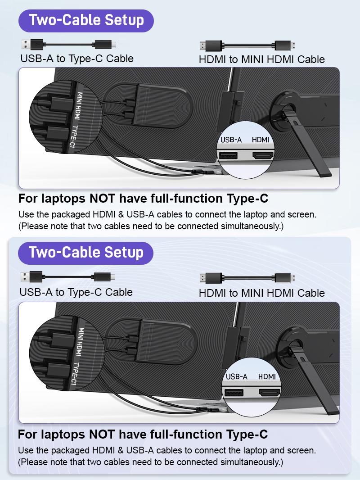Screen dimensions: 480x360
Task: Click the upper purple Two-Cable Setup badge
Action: click(86, 20)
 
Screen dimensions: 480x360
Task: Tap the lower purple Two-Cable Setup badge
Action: click(85, 253)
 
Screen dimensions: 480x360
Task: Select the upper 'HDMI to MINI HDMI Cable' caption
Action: click(261, 59)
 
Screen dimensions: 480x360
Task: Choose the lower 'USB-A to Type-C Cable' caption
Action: click(76, 292)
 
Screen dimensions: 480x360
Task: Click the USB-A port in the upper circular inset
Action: click(228, 156)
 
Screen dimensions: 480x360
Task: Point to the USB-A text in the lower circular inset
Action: click(237, 377)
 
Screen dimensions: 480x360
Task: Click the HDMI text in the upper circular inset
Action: click(260, 140)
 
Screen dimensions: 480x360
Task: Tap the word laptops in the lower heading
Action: click(63, 435)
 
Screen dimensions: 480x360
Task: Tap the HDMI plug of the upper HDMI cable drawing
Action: click(210, 45)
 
